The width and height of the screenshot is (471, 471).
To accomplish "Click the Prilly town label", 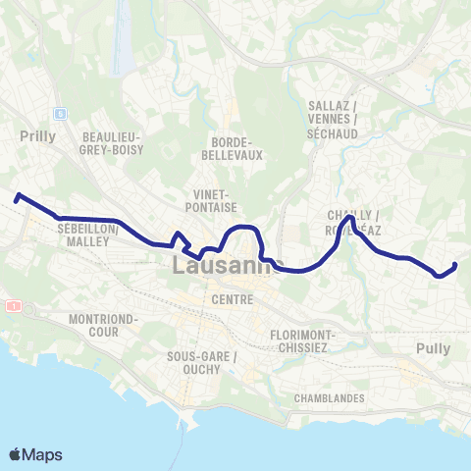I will pos(38,136).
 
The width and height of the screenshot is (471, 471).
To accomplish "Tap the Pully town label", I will pos(433,348).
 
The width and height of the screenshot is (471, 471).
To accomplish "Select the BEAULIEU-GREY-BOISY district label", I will pos(114,142).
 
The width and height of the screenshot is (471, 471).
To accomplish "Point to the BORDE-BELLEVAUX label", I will pos(233,148).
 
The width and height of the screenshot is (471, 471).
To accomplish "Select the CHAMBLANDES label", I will pos(329,398).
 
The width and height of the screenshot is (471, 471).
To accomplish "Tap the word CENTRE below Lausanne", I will pos(232,298).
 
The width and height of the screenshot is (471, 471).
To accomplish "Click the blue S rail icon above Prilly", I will pos(59,113).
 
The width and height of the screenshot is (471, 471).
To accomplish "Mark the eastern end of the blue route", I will pos(455,265).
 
